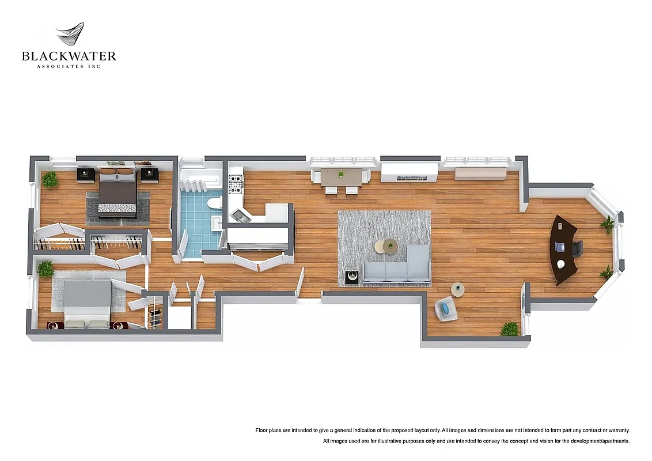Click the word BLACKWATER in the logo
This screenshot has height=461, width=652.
69,56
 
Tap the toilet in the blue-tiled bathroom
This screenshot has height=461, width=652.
215,202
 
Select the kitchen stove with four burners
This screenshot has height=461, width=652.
235,184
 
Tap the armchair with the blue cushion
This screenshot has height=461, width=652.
446,309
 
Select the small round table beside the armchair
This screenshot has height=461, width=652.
457,290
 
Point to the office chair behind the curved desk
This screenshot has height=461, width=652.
577,248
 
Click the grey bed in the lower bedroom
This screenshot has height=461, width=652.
86,303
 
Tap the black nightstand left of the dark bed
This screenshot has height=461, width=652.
86,174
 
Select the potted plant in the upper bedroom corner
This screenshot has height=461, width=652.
50,179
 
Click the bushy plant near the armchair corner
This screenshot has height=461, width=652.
509,328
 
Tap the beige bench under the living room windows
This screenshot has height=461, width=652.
480,173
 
